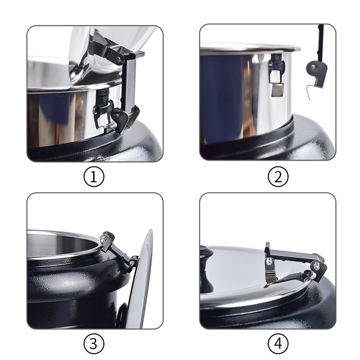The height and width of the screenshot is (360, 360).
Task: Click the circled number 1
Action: (94, 177)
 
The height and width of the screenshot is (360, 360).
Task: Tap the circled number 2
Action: (278, 177)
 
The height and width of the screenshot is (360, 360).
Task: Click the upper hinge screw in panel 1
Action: (118, 59)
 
